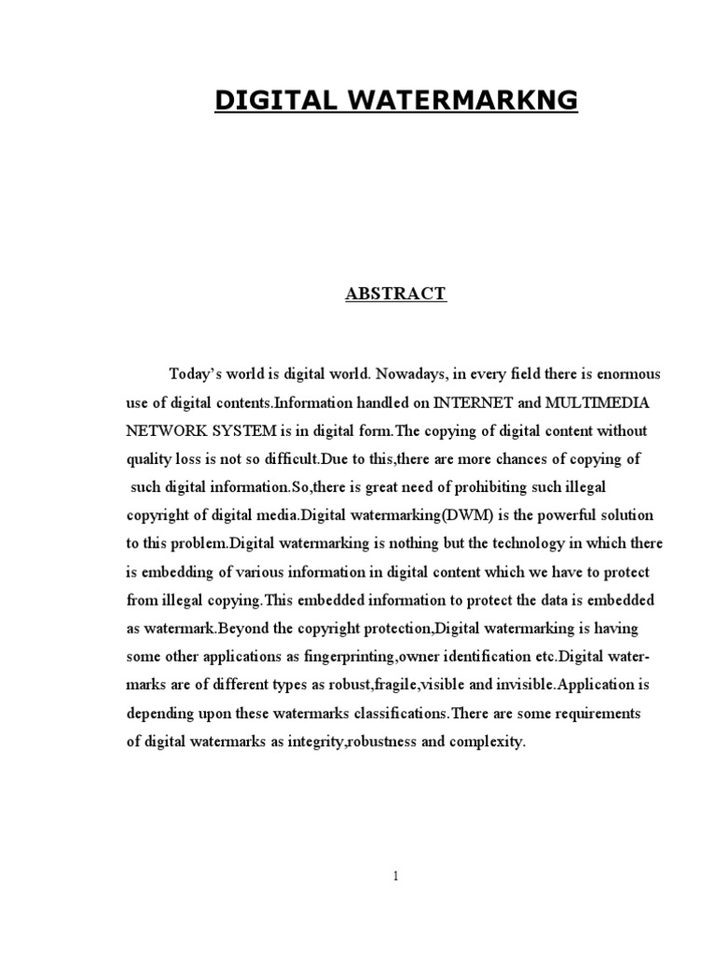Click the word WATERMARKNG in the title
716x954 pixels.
tap(459, 101)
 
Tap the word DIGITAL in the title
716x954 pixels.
tap(270, 101)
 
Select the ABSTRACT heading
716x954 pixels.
tap(396, 294)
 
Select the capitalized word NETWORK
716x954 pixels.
tap(165, 432)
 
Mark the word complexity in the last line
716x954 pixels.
tap(489, 743)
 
